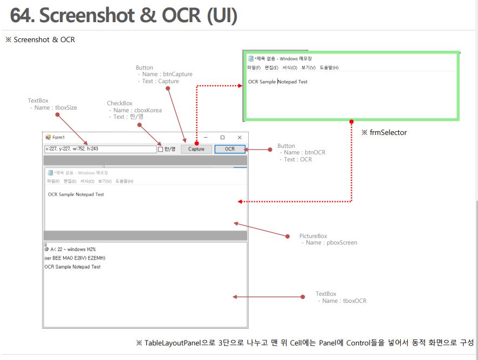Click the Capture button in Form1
click(196, 149)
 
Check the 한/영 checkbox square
click(160, 150)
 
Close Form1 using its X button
click(240, 138)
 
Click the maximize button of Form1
click(222, 138)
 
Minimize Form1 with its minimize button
click(205, 138)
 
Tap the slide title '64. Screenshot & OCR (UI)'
click(124, 16)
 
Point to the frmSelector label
click(388, 133)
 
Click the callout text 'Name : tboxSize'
click(56, 107)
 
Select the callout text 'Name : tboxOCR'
click(344, 301)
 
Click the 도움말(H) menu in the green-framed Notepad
click(329, 67)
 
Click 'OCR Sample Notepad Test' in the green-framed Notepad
click(278, 82)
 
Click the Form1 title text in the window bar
click(58, 138)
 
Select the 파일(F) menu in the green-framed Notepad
click(254, 67)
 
